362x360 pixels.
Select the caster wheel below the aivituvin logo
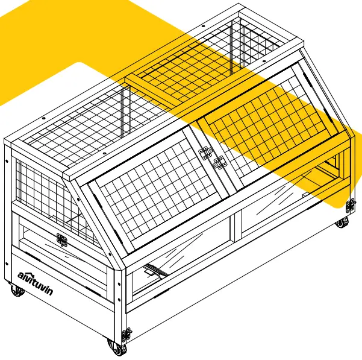point(16,291)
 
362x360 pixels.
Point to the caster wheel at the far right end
point(342,223)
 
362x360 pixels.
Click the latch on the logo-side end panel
point(61,240)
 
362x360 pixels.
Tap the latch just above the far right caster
point(350,204)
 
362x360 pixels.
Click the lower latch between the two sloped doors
point(217,162)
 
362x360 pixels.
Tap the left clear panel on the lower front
point(181,253)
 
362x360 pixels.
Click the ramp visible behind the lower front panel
point(155,272)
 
